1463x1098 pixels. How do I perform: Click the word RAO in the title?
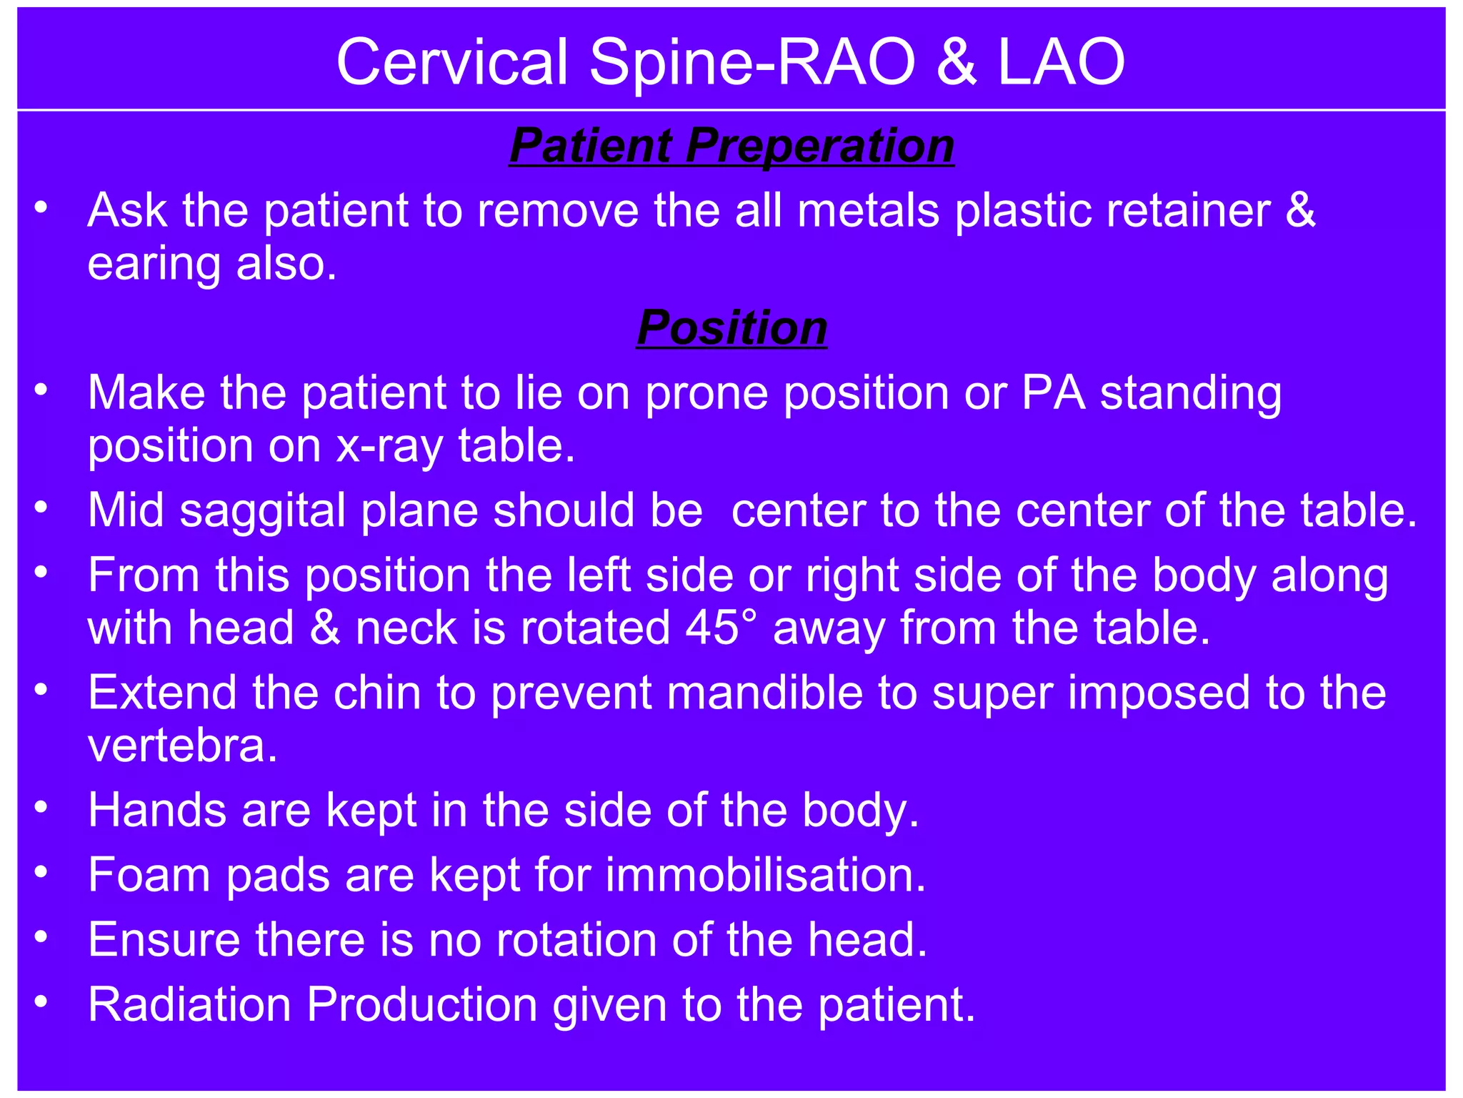click(845, 63)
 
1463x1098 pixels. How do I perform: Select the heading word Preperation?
click(819, 146)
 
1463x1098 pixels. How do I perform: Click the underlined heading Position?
click(731, 328)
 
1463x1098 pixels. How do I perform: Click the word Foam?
click(149, 875)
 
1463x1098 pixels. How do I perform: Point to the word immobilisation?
click(765, 875)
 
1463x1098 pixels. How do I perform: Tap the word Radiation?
click(189, 1004)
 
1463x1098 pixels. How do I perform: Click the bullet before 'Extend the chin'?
click(41, 690)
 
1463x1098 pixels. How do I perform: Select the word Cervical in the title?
click(452, 63)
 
